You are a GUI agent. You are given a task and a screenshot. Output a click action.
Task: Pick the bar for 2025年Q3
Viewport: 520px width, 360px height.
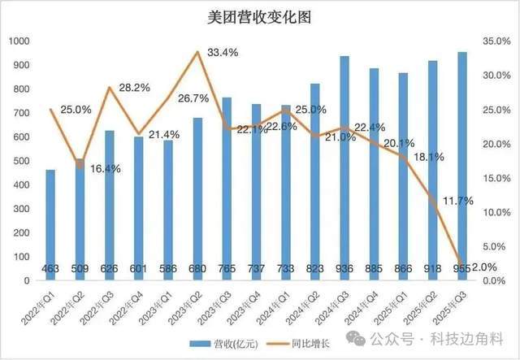461,163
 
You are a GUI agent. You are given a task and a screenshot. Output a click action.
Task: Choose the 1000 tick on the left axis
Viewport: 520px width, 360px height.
19,41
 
